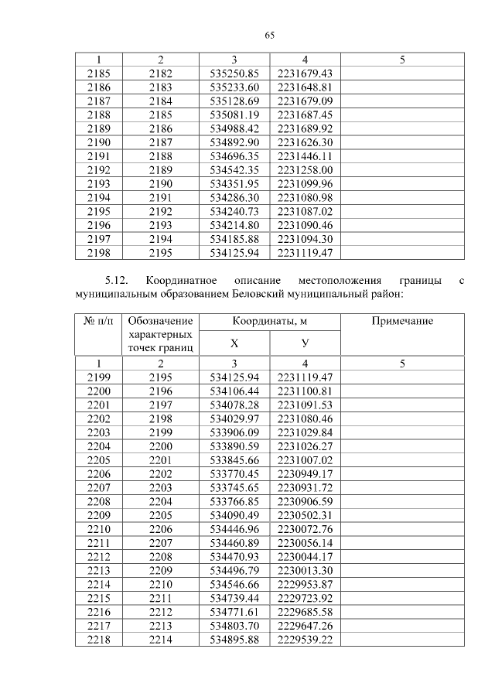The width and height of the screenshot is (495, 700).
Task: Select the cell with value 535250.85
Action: tap(234, 73)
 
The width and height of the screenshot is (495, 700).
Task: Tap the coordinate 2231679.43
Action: tap(305, 73)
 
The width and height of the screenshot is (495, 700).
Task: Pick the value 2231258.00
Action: tap(305, 169)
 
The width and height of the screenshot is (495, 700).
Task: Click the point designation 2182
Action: tap(160, 73)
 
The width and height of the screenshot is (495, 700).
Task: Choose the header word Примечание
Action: tap(402, 321)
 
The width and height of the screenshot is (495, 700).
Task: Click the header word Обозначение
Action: tap(161, 321)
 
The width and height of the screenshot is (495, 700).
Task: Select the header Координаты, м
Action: tap(269, 321)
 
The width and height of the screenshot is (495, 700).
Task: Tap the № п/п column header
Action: tap(98, 321)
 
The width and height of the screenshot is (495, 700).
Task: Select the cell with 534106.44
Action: tap(234, 391)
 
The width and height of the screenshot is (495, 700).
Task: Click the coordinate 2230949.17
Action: tap(305, 473)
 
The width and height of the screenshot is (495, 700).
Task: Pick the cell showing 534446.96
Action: tap(234, 528)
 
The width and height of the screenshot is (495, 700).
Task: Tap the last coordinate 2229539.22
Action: tap(305, 639)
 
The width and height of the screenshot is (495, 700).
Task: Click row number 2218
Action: tap(98, 639)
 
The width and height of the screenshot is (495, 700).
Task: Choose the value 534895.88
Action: tap(234, 639)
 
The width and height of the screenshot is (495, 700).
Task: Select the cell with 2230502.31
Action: tap(305, 514)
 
